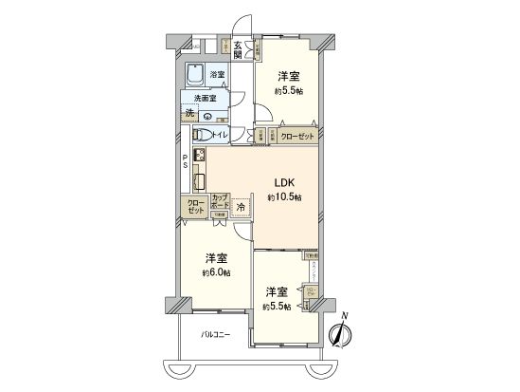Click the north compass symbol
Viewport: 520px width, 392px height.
click(340, 334)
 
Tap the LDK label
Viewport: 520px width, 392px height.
click(284, 183)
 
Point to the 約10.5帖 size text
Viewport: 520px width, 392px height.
click(284, 197)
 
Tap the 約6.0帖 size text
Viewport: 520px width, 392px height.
click(216, 272)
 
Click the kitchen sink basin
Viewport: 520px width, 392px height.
click(201, 180)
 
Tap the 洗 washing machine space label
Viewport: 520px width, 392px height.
click(191, 114)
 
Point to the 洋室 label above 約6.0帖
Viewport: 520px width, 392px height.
click(216, 258)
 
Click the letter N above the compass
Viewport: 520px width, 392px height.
click(345, 316)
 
